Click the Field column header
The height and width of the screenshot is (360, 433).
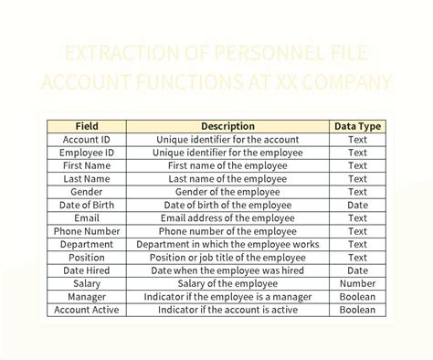(87, 126)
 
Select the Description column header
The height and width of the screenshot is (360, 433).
(228, 126)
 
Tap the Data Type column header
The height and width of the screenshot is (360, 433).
(358, 126)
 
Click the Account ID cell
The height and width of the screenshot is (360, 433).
(87, 140)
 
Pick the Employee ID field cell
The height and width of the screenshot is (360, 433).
(87, 153)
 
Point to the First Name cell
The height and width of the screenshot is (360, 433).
(87, 166)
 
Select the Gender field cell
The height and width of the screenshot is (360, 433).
(87, 192)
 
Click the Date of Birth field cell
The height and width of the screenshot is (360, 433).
(87, 206)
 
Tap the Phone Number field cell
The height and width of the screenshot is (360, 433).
(87, 231)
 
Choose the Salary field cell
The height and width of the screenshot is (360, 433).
(87, 284)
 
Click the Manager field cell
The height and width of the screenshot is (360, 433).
(87, 297)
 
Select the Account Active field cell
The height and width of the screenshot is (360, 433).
(87, 310)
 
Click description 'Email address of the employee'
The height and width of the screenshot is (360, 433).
(228, 218)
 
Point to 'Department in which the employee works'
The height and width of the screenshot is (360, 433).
(228, 245)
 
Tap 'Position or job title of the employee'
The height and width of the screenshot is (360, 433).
(228, 258)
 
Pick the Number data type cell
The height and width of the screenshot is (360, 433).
(358, 284)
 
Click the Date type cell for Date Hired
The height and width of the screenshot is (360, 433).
(358, 270)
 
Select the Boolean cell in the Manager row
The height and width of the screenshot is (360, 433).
(358, 297)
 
